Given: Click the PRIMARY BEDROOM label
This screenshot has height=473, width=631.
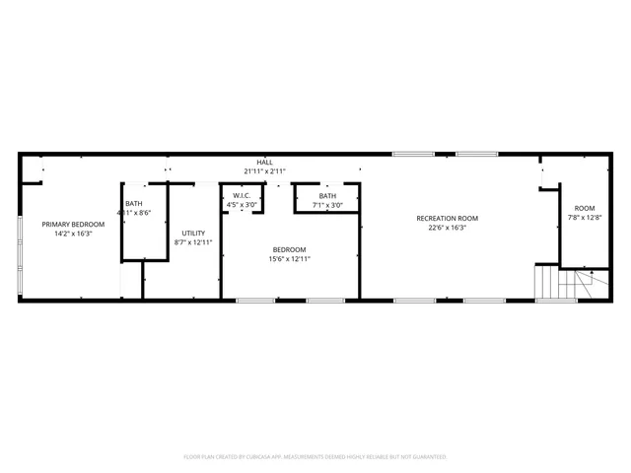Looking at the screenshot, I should [x=67, y=225].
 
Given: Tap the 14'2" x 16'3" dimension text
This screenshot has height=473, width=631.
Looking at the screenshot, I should [x=67, y=234].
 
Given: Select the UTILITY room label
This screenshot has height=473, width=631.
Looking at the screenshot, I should [x=193, y=233].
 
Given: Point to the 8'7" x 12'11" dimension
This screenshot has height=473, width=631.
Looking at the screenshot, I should [x=193, y=241].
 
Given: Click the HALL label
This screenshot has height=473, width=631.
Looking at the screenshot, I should [x=265, y=163].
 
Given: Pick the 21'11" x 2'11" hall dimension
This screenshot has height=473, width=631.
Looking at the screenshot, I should [x=265, y=171].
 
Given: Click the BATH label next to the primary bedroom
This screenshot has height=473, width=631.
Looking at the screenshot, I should [x=133, y=203].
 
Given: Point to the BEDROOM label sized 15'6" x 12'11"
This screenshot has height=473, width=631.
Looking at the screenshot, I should [x=289, y=249].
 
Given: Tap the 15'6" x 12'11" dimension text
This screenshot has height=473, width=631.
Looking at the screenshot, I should [x=289, y=258].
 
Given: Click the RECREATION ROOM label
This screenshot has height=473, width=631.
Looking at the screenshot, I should [x=447, y=218].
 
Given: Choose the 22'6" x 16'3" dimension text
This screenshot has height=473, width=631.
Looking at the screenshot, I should [x=447, y=228].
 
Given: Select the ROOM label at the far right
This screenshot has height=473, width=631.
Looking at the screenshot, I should [x=585, y=208].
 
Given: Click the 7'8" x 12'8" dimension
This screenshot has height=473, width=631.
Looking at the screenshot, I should [x=585, y=217].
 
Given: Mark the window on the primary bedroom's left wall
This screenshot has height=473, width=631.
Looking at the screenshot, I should [x=20, y=241].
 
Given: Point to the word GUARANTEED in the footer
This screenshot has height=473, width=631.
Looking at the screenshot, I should [x=427, y=457].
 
